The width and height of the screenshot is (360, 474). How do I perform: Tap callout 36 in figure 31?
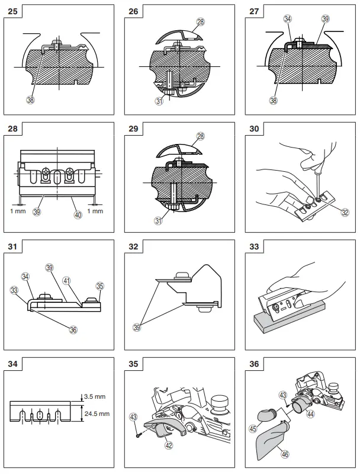point(73,329)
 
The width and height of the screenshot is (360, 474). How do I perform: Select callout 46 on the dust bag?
point(285,454)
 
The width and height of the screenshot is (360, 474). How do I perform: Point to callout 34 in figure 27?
point(288,18)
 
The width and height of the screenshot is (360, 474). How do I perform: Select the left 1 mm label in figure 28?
point(17,210)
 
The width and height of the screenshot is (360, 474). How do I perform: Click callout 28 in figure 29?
point(200,136)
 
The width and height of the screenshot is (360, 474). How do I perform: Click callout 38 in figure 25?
point(31,100)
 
